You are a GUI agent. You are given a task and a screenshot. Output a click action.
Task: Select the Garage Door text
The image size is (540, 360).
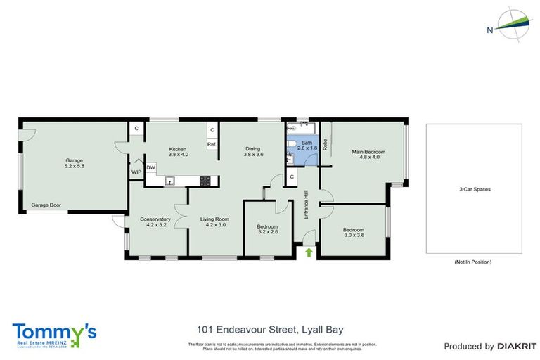(x=46, y=205)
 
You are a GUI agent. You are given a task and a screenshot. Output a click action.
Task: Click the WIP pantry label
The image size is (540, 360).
(x=136, y=172)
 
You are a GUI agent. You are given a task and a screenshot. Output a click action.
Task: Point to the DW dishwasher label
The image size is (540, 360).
(x=151, y=167)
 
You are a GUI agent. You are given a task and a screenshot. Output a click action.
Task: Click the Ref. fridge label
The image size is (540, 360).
(x=211, y=144)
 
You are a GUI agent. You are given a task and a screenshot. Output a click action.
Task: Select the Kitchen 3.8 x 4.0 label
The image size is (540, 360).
(x=179, y=152)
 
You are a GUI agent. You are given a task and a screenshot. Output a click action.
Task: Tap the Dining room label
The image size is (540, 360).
(x=253, y=151)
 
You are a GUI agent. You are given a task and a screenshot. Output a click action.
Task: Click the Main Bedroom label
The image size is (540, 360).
(x=369, y=155)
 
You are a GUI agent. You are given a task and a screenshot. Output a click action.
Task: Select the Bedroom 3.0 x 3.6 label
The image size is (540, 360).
(x=354, y=233)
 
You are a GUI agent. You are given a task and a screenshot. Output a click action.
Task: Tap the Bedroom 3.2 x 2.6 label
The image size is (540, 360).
(x=269, y=229)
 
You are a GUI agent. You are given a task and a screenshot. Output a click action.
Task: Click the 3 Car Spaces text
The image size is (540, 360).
(x=473, y=190)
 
